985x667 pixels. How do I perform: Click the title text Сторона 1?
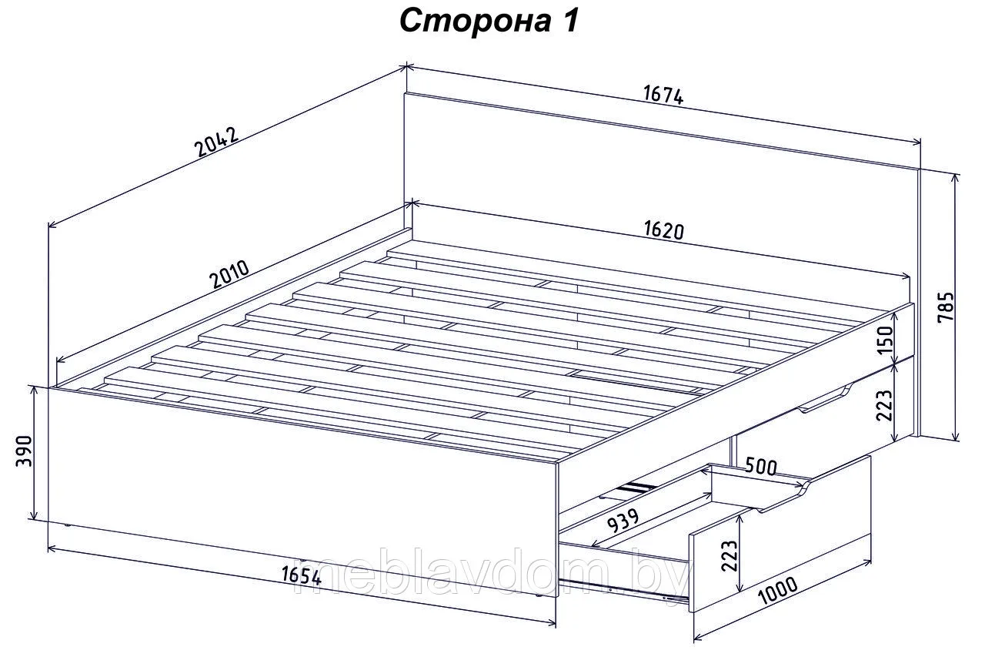[489, 21]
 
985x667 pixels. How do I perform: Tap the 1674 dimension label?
[663, 96]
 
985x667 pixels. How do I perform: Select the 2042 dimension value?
[217, 142]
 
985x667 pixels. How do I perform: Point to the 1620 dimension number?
[664, 230]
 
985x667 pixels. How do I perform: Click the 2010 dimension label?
[229, 273]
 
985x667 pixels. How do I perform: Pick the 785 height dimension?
[947, 307]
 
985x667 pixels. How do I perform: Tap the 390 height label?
[24, 451]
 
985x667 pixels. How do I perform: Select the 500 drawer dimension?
[762, 467]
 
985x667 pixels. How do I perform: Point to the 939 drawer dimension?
[623, 521]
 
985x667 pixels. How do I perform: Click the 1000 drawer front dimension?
[778, 589]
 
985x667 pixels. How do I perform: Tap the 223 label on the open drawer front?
[729, 555]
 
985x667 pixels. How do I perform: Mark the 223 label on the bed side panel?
[885, 405]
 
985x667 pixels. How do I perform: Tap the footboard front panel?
[302, 491]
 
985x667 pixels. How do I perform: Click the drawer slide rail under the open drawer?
[623, 590]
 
